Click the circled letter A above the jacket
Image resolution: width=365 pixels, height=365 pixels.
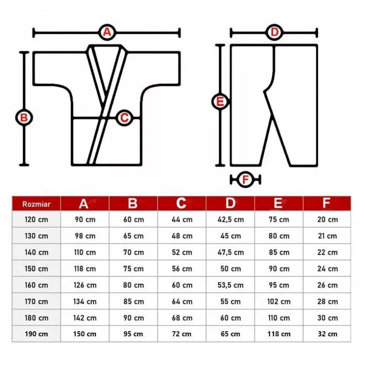click(107, 32)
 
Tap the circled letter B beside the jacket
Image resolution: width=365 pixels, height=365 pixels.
click(24, 118)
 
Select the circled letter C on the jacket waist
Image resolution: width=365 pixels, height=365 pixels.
click(124, 118)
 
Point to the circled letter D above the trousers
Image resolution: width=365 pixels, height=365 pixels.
click(275, 32)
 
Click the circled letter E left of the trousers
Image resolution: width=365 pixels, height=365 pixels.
click(220, 102)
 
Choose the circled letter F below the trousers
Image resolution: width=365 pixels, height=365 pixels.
click(245, 180)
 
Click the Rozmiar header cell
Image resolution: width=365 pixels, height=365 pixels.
click(36, 204)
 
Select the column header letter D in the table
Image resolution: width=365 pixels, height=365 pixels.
click(230, 203)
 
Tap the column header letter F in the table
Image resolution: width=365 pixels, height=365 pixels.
click(326, 203)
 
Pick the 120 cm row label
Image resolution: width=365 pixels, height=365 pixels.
click(36, 219)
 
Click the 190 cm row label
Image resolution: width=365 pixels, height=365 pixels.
click(36, 334)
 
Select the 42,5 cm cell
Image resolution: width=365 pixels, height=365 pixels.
click(230, 219)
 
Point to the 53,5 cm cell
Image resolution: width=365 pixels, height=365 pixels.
click(230, 285)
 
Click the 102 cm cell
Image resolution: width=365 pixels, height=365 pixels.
click(279, 302)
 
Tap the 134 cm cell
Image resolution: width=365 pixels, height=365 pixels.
click(85, 302)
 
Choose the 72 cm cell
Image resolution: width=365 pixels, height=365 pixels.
click(182, 334)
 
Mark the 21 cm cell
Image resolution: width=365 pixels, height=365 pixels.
click(327, 236)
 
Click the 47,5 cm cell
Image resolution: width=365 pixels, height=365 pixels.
click(230, 252)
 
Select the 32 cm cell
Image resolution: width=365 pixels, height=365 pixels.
click(327, 334)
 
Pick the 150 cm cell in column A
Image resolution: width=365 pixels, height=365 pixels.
click(85, 334)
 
